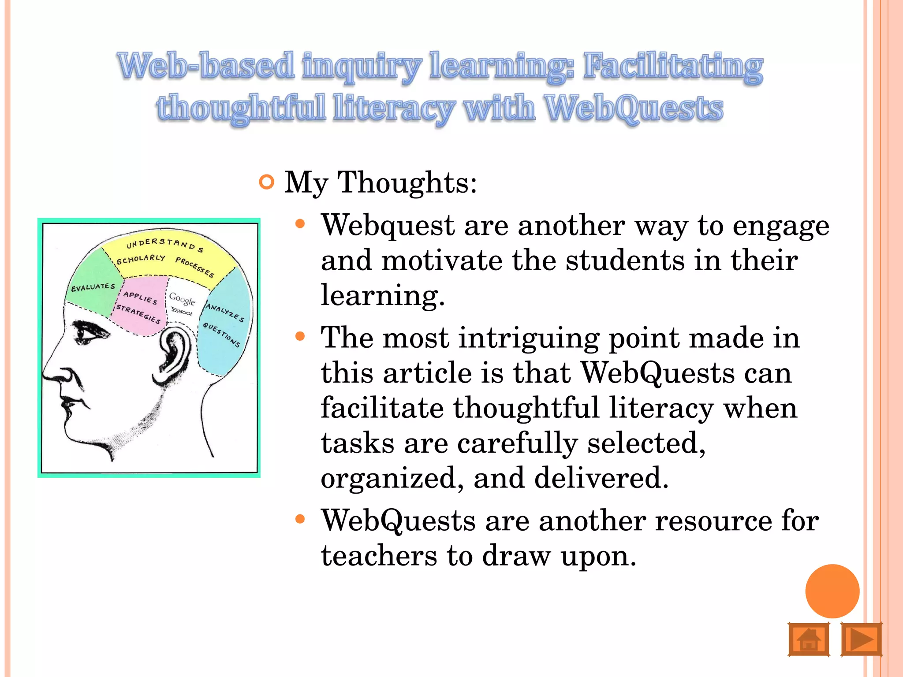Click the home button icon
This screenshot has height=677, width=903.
tap(808, 639)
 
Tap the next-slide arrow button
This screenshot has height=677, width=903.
tap(861, 639)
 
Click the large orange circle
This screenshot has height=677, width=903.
tap(832, 591)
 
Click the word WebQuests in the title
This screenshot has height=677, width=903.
tap(634, 108)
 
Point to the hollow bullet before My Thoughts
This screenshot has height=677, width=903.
tap(267, 182)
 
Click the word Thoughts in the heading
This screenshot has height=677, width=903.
tap(407, 182)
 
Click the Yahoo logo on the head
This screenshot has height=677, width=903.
tap(182, 312)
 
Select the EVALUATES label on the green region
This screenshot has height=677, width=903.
tap(93, 287)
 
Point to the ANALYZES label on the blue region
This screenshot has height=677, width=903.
tap(225, 312)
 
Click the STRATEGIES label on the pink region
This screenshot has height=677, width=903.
tap(138, 314)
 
